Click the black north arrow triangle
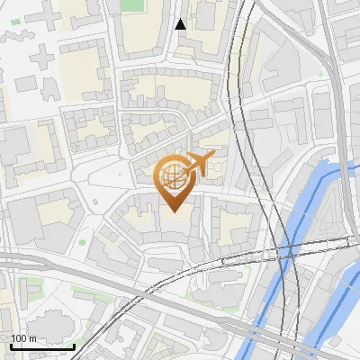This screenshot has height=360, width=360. pyautogui.click(x=181, y=24)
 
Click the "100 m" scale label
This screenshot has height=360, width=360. pyautogui.click(x=23, y=338)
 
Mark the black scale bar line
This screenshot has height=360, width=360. pyautogui.click(x=42, y=346)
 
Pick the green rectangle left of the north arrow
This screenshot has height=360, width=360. pyautogui.click(x=132, y=5)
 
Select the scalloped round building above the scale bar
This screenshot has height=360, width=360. pyautogui.click(x=50, y=323)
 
